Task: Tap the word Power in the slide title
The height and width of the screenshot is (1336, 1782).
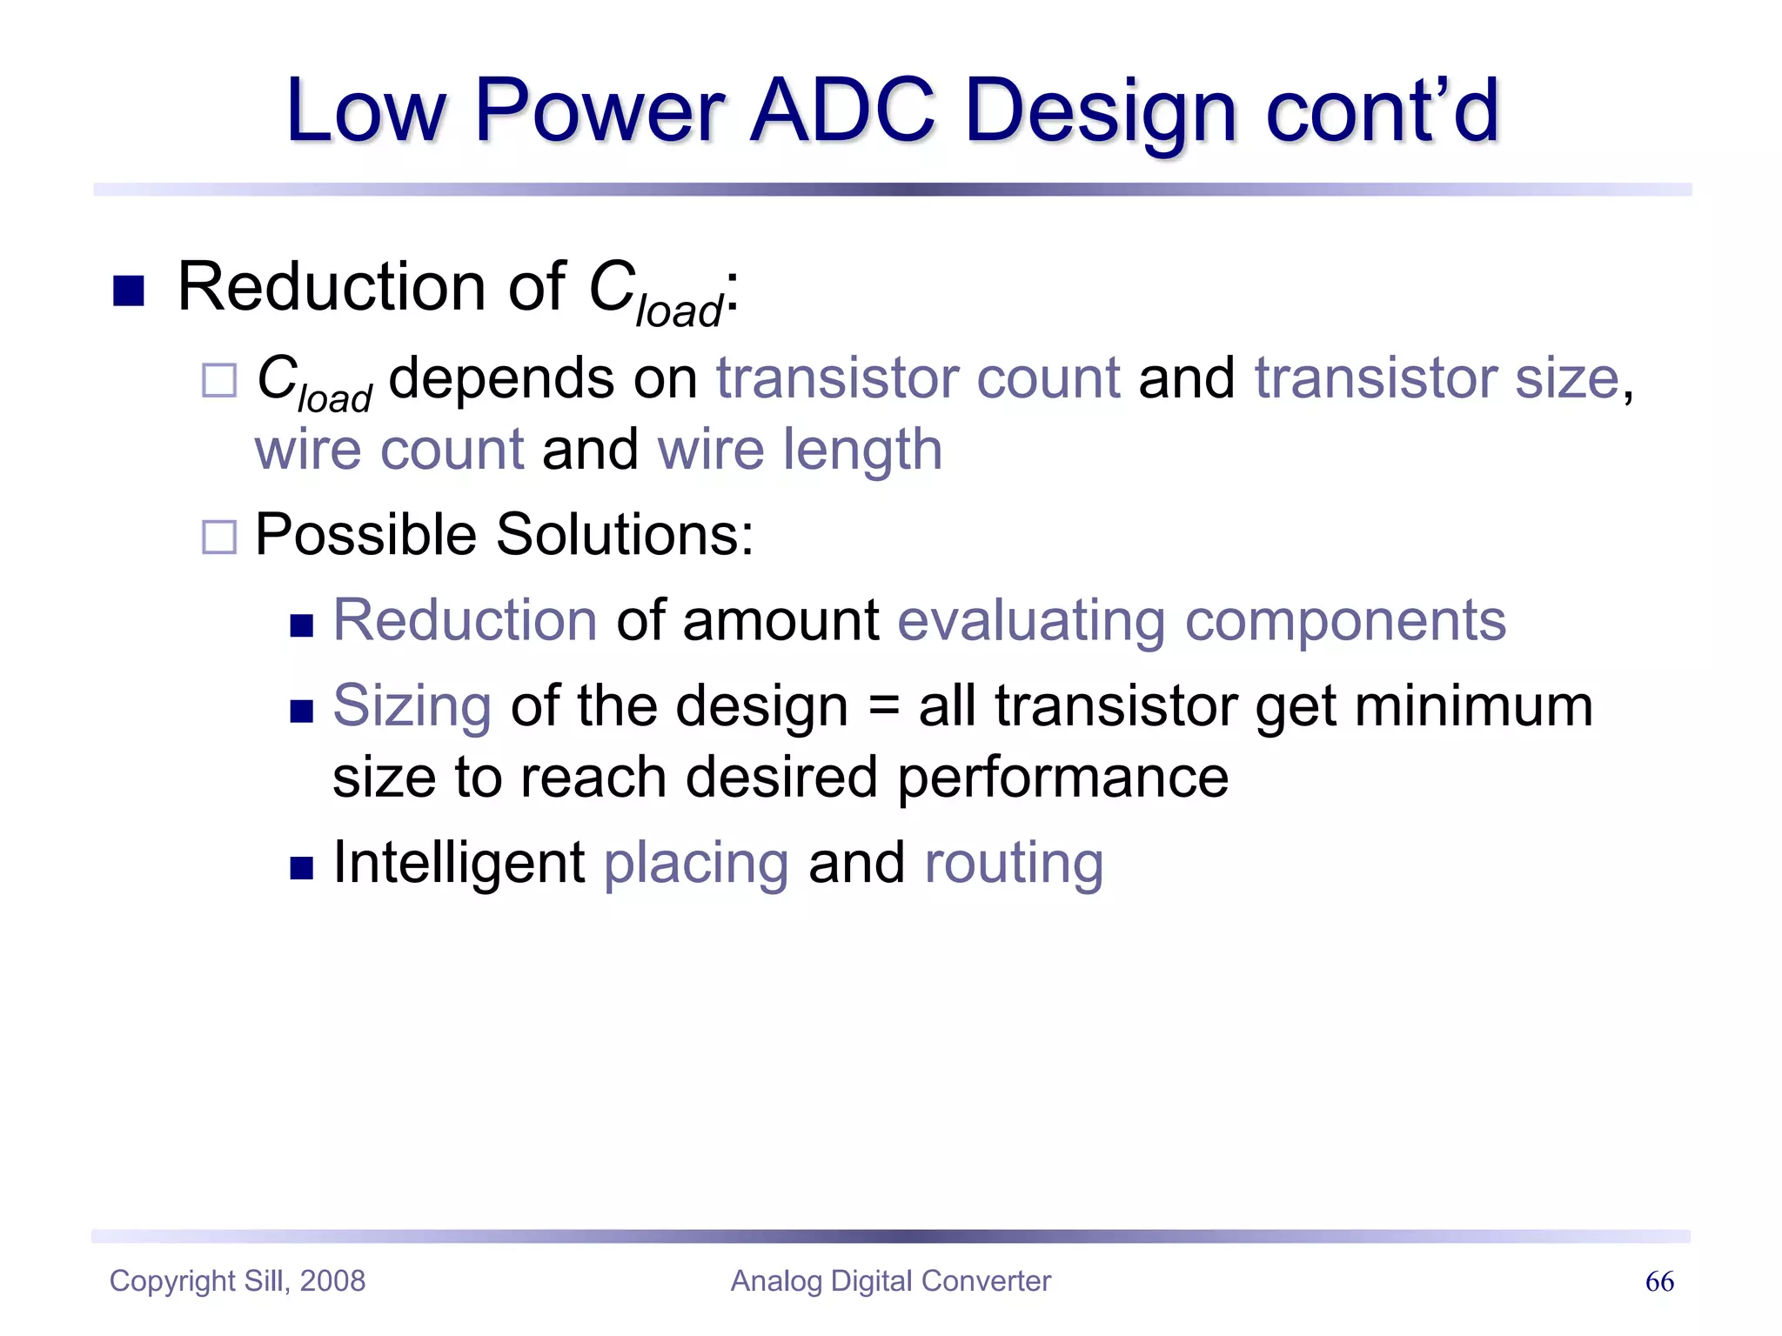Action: pos(600,110)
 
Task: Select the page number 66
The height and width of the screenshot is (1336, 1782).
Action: pos(1659,1281)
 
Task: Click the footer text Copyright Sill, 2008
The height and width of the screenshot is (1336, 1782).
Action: pos(238,1280)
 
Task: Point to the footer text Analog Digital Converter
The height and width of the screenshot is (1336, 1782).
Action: pos(890,1280)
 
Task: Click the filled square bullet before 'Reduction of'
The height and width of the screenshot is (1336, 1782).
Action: pos(129,291)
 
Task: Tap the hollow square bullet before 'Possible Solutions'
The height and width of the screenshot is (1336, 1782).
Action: pos(218,537)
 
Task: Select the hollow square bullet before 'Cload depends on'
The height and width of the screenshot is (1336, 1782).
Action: pos(218,380)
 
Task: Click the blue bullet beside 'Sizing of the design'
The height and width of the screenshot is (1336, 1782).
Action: pos(301,711)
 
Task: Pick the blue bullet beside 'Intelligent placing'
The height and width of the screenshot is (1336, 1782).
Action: pos(301,867)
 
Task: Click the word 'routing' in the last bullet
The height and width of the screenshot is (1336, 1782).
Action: pos(1014,865)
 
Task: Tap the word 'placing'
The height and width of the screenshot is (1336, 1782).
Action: pos(696,865)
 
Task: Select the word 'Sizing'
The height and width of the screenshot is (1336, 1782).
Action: pos(412,707)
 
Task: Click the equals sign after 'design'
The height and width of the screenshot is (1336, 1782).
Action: pos(883,706)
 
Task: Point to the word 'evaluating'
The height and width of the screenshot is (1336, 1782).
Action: pos(1031,621)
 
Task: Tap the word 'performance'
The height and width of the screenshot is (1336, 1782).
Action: pos(1062,777)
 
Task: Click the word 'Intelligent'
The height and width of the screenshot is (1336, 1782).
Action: pos(459,863)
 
